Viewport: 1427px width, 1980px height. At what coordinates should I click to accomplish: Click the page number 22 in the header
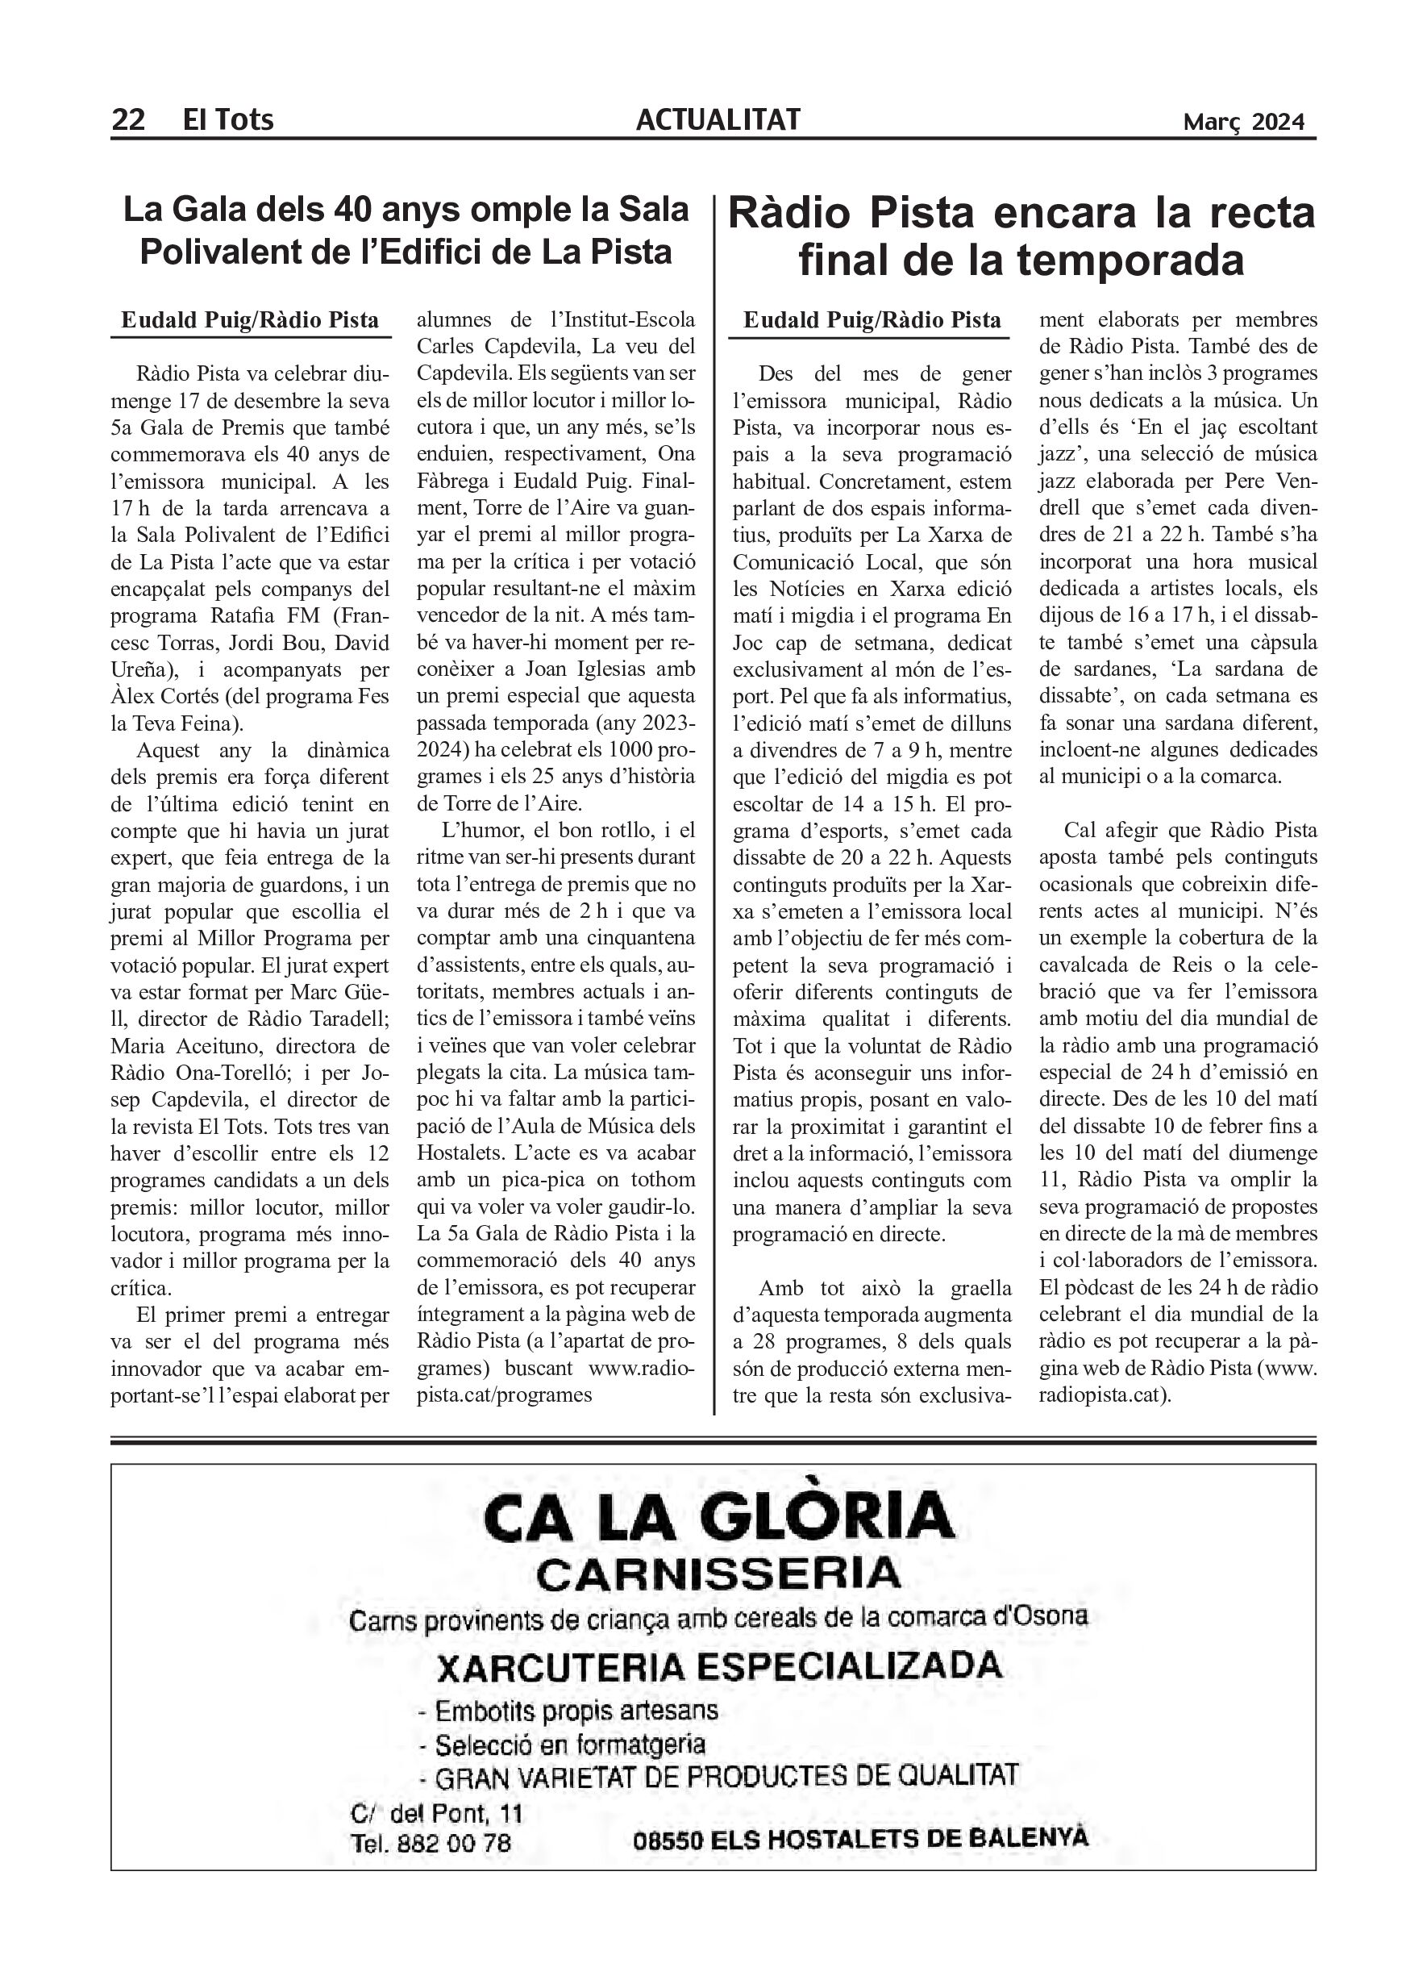(127, 119)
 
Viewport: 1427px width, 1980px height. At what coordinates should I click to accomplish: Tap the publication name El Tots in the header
(228, 119)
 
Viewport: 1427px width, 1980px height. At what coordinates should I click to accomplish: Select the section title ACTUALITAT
(718, 119)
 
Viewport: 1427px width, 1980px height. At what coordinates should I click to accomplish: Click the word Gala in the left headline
(218, 210)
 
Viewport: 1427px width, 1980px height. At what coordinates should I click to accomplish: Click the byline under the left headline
(250, 320)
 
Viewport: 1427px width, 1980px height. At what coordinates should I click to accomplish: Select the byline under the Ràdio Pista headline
(871, 320)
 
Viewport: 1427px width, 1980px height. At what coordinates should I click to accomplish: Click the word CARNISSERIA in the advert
(718, 1574)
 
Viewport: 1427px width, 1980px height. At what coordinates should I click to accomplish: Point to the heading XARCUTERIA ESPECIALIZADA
(718, 1666)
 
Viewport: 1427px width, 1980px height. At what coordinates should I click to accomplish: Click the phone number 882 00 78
(454, 1843)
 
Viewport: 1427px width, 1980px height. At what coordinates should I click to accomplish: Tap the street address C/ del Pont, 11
(436, 1814)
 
